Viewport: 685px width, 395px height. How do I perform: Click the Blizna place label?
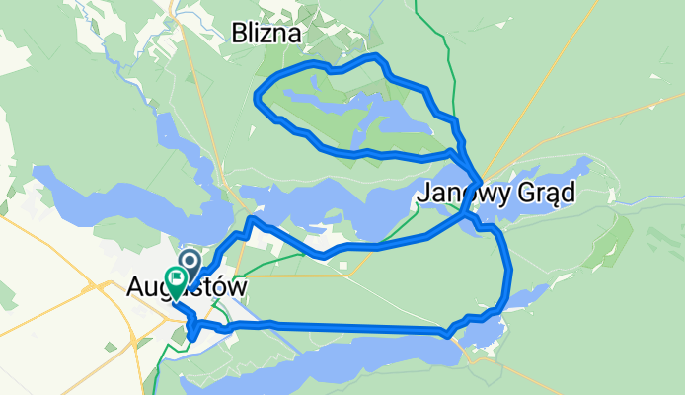(x=267, y=34)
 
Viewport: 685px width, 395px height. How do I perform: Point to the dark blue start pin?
(x=189, y=263)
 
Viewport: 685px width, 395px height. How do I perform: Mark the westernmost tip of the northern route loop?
(x=257, y=97)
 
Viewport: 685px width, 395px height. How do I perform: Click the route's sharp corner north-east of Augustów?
(x=252, y=219)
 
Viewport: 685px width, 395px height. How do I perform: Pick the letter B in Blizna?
(x=239, y=34)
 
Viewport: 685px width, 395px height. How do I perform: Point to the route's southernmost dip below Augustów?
(x=192, y=339)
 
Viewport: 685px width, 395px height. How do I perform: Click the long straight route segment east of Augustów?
(x=345, y=327)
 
